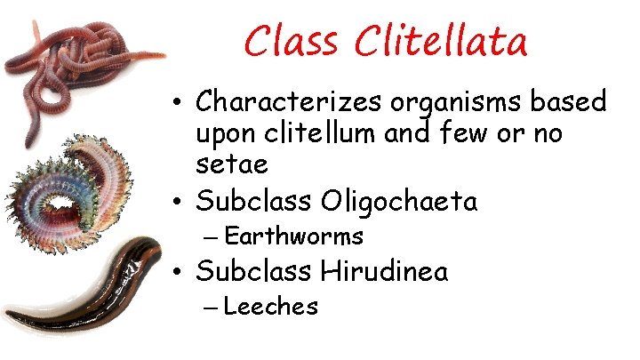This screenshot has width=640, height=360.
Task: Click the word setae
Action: [x=231, y=164]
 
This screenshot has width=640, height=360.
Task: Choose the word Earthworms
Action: [x=294, y=236]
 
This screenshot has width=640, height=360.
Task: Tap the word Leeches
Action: [x=271, y=307]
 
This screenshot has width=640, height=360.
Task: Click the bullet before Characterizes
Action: [x=179, y=104]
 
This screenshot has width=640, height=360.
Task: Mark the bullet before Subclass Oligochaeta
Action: [x=179, y=202]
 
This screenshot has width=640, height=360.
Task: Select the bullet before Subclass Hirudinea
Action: [x=179, y=271]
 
